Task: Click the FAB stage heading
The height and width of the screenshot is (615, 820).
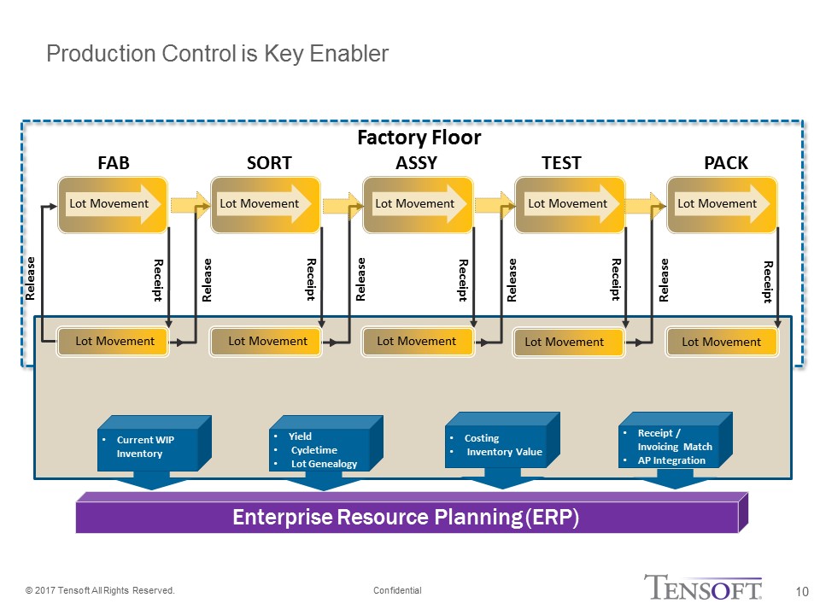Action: point(114,163)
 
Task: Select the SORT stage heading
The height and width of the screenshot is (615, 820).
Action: point(268,163)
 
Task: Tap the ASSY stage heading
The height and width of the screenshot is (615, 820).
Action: point(417,163)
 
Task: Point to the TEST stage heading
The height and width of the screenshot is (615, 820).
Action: point(561,163)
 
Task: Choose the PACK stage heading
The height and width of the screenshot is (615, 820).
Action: point(725,163)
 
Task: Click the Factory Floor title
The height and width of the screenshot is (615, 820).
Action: point(419,138)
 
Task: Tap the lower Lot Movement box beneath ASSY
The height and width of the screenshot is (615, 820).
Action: point(417,342)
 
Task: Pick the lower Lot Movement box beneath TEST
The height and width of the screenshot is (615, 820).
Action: point(565,343)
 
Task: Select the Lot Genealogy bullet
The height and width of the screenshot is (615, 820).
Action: point(324,464)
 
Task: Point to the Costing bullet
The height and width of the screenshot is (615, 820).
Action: point(482,438)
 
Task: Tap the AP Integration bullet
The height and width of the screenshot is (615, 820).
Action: point(671,460)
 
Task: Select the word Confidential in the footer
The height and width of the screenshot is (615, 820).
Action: point(397,591)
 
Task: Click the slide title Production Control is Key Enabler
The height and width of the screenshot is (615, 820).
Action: point(217,55)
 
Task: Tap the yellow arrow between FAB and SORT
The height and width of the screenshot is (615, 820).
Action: point(190,204)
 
